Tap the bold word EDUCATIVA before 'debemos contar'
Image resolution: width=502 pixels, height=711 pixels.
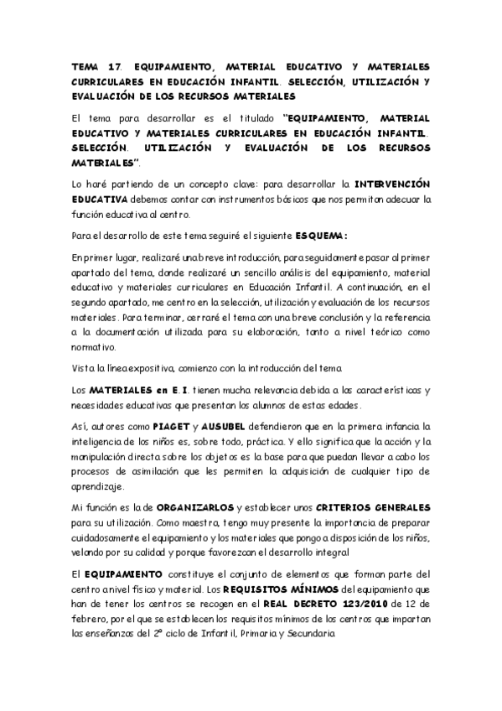(x=99, y=198)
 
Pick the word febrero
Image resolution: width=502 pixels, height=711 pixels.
(x=91, y=619)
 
